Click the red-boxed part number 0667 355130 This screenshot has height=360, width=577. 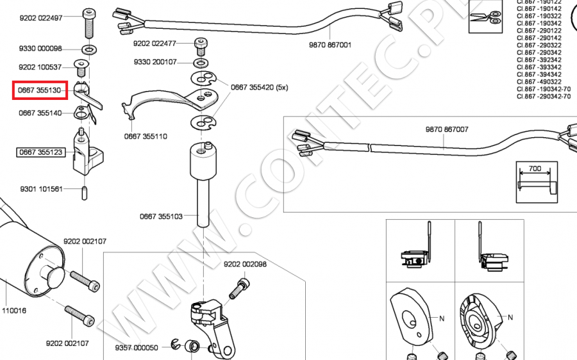pyautogui.click(x=40, y=91)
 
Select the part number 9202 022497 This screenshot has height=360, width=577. pyautogui.click(x=40, y=18)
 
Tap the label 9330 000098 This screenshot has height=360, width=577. pyautogui.click(x=40, y=49)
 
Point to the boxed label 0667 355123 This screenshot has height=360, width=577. pyautogui.click(x=40, y=152)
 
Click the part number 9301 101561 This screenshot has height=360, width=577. pyautogui.click(x=41, y=189)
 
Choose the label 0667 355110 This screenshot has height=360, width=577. pyautogui.click(x=146, y=136)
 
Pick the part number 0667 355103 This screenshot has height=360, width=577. pyautogui.click(x=161, y=217)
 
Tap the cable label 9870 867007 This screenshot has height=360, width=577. pyautogui.click(x=447, y=129)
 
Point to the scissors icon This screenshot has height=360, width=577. pyautogui.click(x=484, y=16)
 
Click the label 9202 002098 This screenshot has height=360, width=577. pyautogui.click(x=245, y=264)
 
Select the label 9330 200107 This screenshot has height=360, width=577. pyautogui.click(x=155, y=62)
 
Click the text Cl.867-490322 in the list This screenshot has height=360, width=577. pyautogui.click(x=539, y=81)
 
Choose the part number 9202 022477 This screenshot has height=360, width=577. pyautogui.click(x=155, y=44)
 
